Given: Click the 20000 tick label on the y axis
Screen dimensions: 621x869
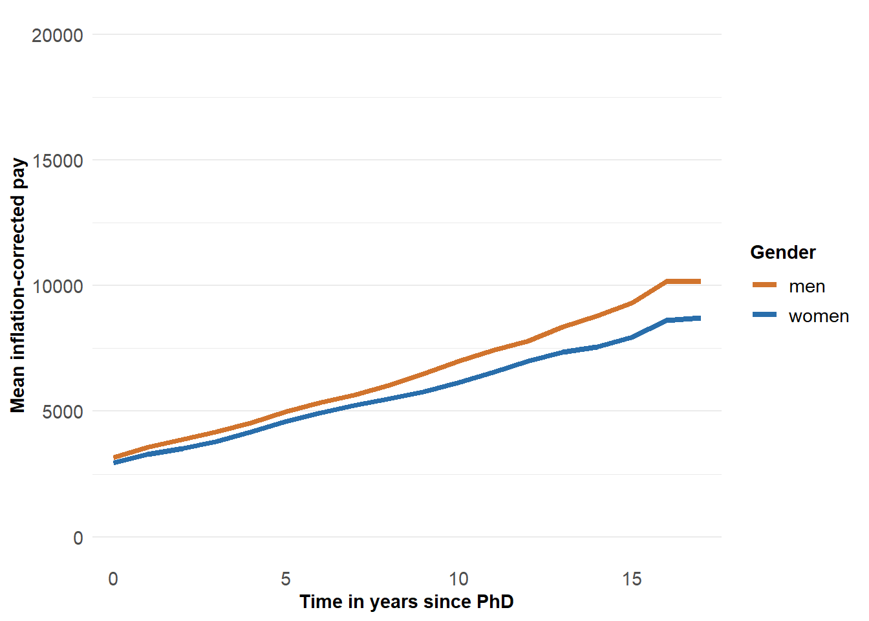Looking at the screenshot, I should coord(58,36).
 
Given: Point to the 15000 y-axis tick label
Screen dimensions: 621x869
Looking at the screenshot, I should coord(58,161).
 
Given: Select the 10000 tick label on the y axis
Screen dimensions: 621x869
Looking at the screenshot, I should coord(58,287).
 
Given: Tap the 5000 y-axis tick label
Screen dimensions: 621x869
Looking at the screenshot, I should coord(63,412).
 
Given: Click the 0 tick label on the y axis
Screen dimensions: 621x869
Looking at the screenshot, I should coord(78,538).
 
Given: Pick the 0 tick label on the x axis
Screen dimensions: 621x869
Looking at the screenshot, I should coord(113,579).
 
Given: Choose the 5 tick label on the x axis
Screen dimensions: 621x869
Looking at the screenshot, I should coord(286,579).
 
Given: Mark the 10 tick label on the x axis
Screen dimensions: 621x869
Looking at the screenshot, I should coord(458,579).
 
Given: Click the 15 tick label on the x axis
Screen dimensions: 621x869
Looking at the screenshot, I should coord(632,579).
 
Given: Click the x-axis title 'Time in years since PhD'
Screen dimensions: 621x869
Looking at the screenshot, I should coord(406,602).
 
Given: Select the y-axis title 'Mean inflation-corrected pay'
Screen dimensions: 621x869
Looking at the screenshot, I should coord(18,285).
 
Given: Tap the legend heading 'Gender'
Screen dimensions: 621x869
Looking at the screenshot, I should coord(782,252).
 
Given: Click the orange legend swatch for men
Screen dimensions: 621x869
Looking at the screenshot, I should coord(764,285).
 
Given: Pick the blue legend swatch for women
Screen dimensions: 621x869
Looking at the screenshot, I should coord(764,314).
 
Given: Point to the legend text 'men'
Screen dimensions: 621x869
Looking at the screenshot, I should coord(807,287).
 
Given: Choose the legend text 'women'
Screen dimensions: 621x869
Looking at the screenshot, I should coord(819,316).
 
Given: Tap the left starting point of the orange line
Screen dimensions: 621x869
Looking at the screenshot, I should coord(114,457).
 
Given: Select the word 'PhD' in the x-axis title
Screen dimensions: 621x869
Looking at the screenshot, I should coord(495,602).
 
